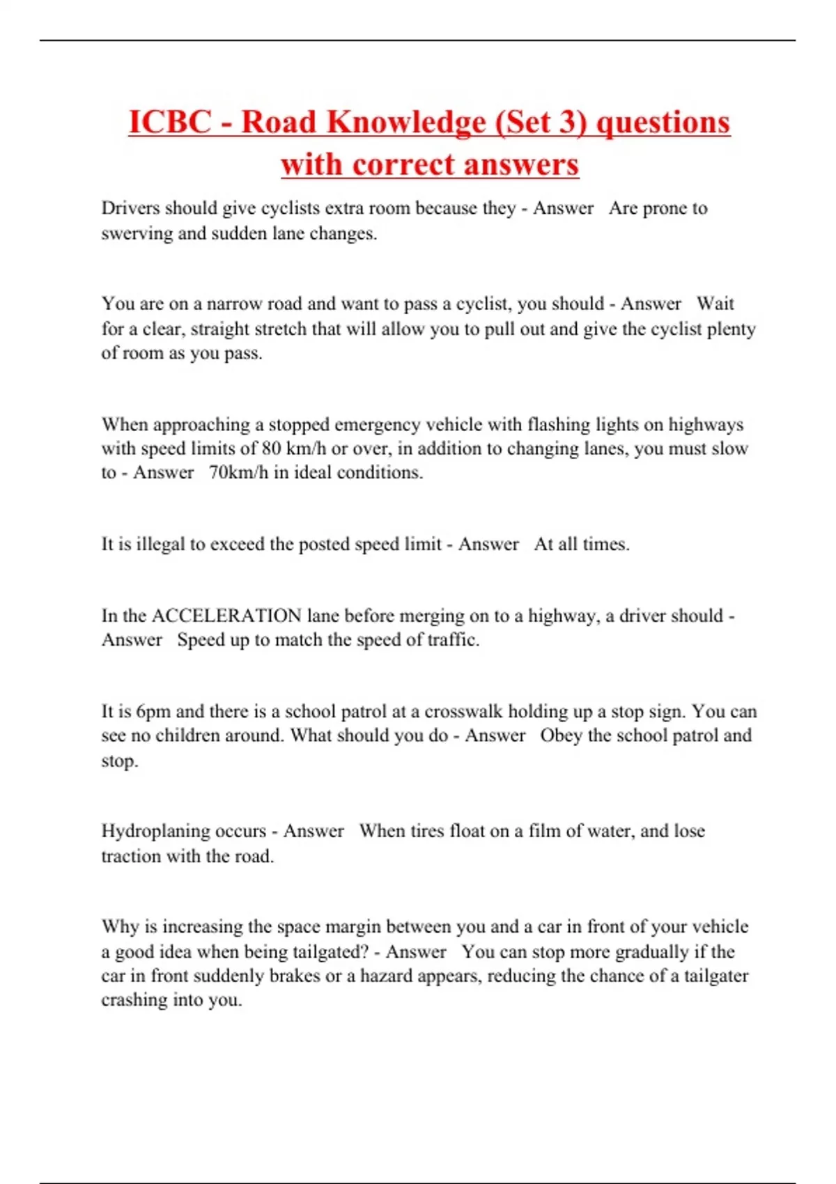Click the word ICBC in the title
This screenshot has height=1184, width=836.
coord(170,123)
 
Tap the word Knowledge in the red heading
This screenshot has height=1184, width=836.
coord(407,123)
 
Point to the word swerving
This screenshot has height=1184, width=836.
coord(137,233)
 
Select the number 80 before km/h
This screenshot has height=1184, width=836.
coord(271,449)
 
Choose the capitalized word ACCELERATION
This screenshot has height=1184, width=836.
coord(226,616)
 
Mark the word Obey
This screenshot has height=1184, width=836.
coord(561,735)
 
